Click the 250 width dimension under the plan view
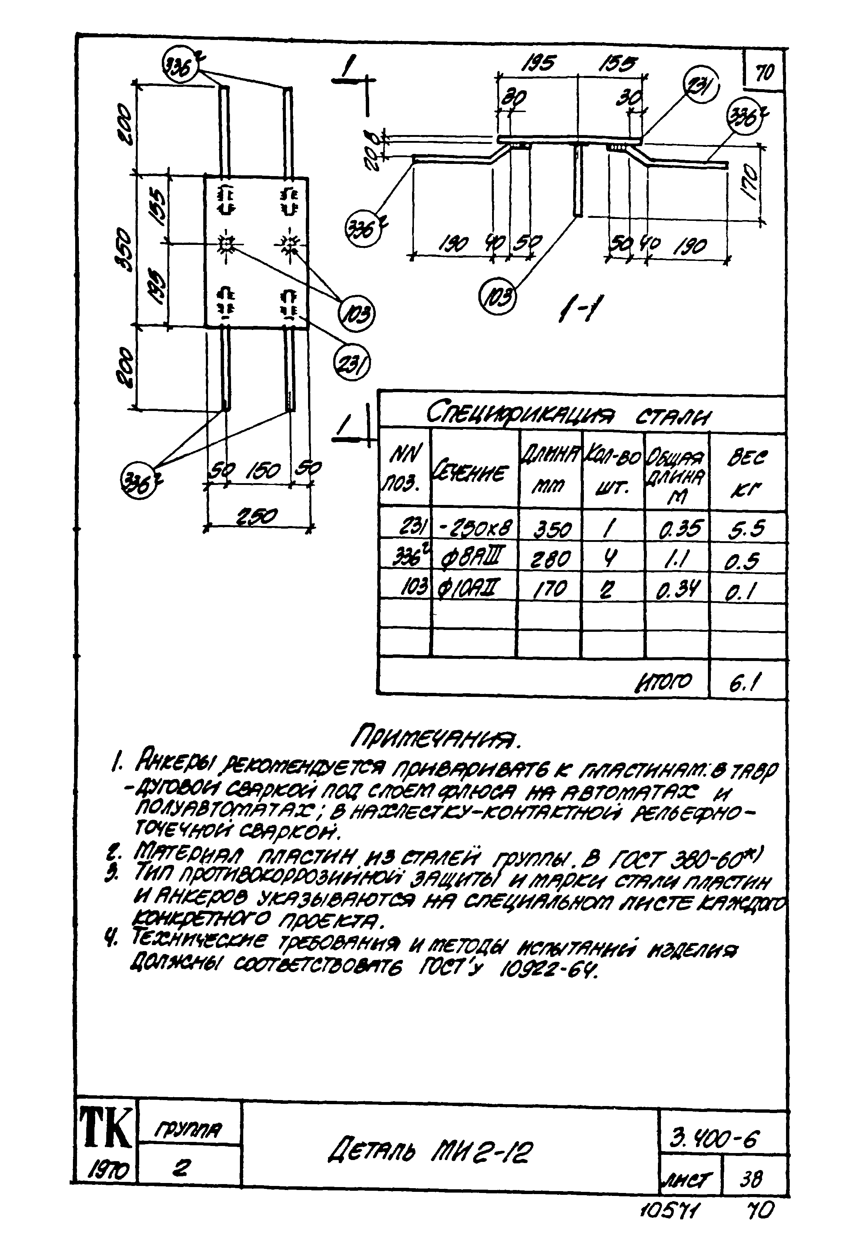pos(260,516)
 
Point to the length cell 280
pos(550,558)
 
